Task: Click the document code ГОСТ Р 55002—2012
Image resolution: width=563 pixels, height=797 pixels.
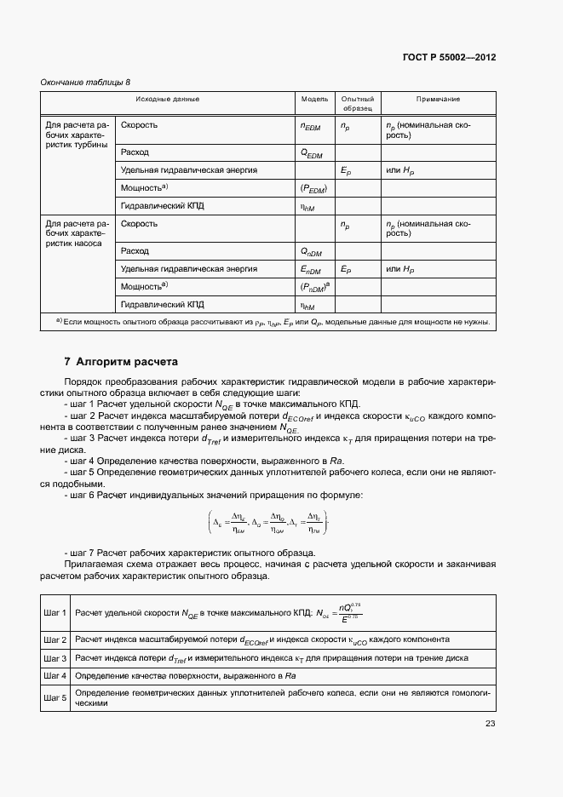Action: (449, 58)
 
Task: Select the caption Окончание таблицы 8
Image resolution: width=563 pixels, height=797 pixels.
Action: (85, 82)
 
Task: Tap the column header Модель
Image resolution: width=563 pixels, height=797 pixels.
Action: (314, 99)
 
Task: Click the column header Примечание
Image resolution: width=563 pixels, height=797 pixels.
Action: (438, 99)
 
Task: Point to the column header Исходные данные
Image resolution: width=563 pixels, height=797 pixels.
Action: (168, 99)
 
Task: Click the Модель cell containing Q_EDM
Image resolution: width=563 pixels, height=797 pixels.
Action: (312, 153)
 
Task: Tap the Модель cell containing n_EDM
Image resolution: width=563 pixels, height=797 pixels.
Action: (312, 126)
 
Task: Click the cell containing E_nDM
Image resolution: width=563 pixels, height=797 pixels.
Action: (312, 270)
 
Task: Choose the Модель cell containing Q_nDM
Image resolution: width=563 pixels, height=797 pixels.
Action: (312, 252)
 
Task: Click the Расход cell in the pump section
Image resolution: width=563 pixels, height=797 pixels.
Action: (135, 251)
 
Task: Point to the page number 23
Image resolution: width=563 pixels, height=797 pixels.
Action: (490, 724)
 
